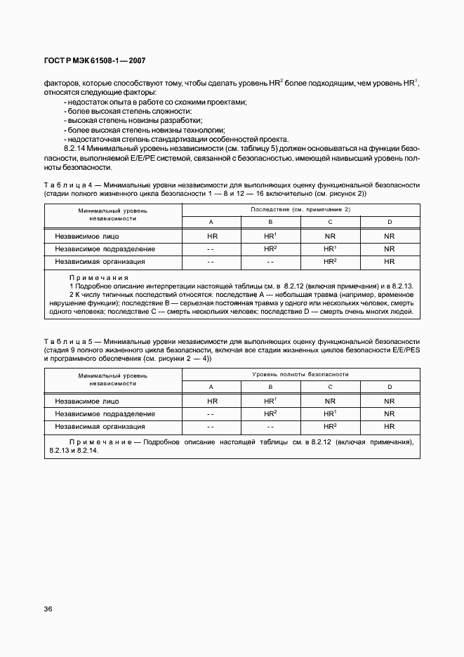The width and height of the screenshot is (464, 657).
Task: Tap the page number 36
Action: pyautogui.click(x=48, y=609)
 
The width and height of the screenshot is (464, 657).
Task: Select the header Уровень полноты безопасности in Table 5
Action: pyautogui.click(x=300, y=375)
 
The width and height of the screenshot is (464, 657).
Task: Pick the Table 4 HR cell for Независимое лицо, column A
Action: pyautogui.click(x=212, y=237)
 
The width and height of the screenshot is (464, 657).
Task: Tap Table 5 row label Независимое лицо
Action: pyautogui.click(x=86, y=401)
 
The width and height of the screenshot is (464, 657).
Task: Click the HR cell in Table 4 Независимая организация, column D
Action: pyautogui.click(x=390, y=262)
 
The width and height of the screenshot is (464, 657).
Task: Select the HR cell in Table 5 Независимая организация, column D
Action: pyautogui.click(x=390, y=427)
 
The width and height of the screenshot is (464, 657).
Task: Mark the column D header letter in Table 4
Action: pyautogui.click(x=390, y=223)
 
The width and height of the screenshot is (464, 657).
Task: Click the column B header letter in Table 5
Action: pyautogui.click(x=271, y=387)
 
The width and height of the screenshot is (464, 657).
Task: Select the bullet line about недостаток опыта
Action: pyautogui.click(x=156, y=102)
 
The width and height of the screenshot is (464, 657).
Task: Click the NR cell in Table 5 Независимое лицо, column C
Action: pyautogui.click(x=330, y=401)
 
